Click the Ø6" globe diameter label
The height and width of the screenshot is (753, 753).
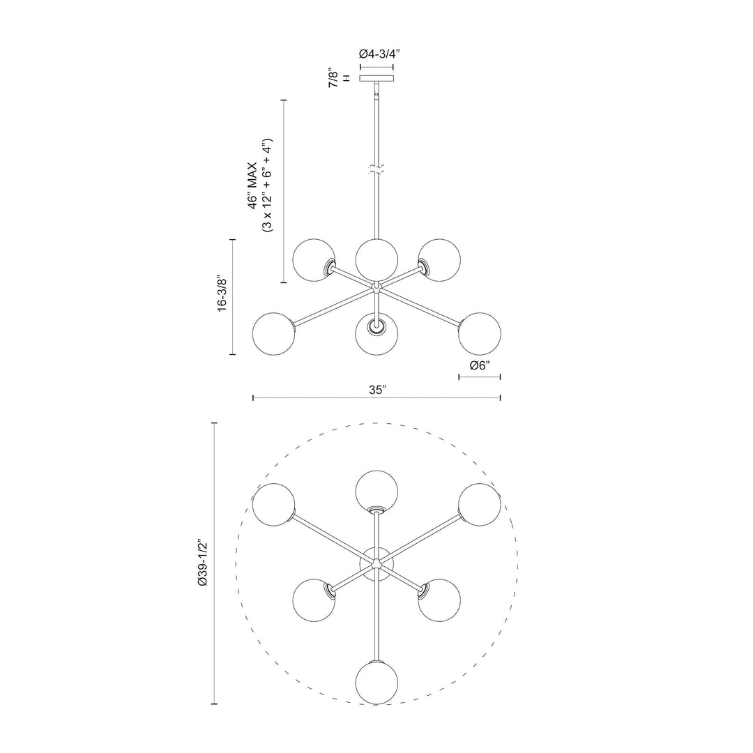tap(479, 365)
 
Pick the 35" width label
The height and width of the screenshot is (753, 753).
tap(376, 391)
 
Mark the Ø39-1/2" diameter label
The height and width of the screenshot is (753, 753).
tap(203, 564)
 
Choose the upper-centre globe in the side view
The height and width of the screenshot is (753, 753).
tap(376, 258)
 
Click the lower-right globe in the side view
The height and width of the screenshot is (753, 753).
tap(480, 333)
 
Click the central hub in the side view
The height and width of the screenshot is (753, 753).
tap(376, 286)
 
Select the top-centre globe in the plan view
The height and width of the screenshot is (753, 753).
tap(376, 491)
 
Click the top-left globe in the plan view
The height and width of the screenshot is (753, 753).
tap(273, 503)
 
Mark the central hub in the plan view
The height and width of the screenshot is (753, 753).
tap(376, 563)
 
